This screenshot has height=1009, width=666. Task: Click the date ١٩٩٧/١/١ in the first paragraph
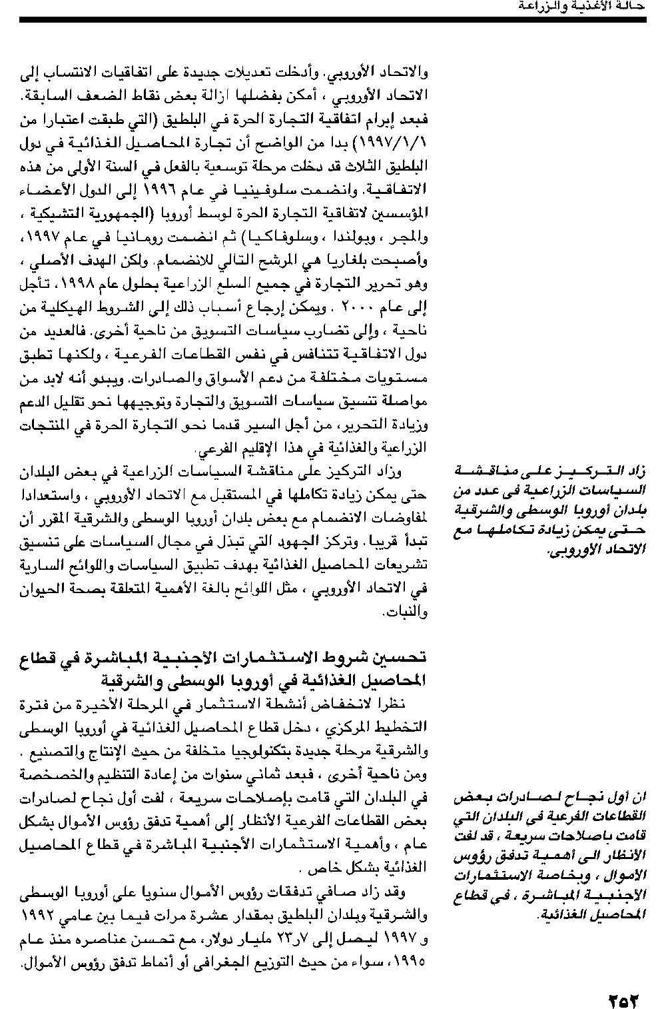click(400, 143)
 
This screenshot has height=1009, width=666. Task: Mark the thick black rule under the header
click(333, 21)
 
